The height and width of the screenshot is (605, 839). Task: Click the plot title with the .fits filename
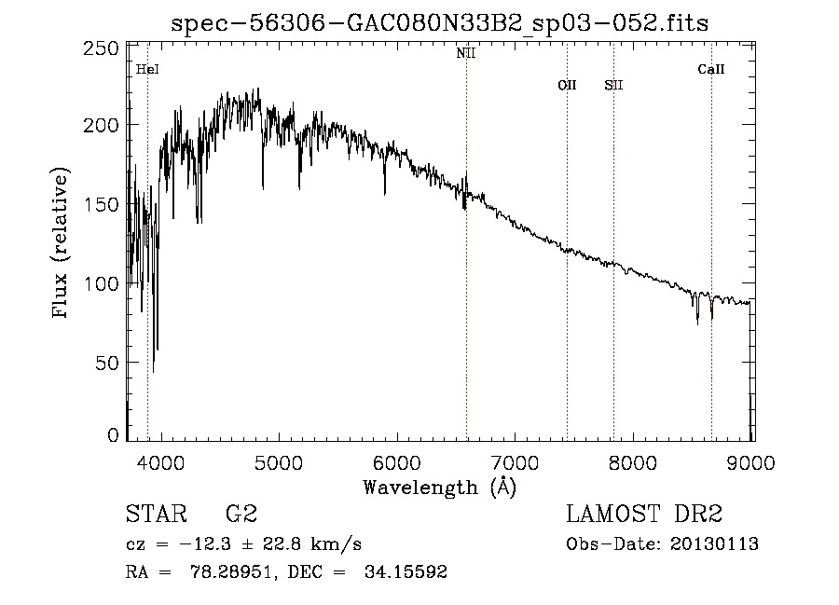click(440, 23)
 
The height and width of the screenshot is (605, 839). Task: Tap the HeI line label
click(147, 69)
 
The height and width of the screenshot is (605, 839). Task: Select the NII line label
click(466, 53)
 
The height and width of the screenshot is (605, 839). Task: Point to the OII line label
click(567, 86)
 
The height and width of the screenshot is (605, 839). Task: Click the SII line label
click(613, 86)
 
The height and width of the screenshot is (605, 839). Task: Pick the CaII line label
click(711, 69)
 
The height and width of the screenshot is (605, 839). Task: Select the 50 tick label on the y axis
click(108, 362)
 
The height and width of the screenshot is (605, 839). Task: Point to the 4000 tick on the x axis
click(161, 461)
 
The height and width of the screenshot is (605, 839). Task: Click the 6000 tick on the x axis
click(397, 461)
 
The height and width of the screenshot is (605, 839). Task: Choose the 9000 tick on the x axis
click(751, 461)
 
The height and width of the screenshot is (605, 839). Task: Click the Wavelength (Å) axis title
click(439, 487)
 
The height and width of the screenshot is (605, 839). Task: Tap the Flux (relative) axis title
click(62, 244)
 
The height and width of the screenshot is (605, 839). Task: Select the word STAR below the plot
click(157, 515)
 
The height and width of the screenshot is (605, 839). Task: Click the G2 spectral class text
click(241, 515)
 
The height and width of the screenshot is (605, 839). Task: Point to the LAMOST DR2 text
click(644, 515)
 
